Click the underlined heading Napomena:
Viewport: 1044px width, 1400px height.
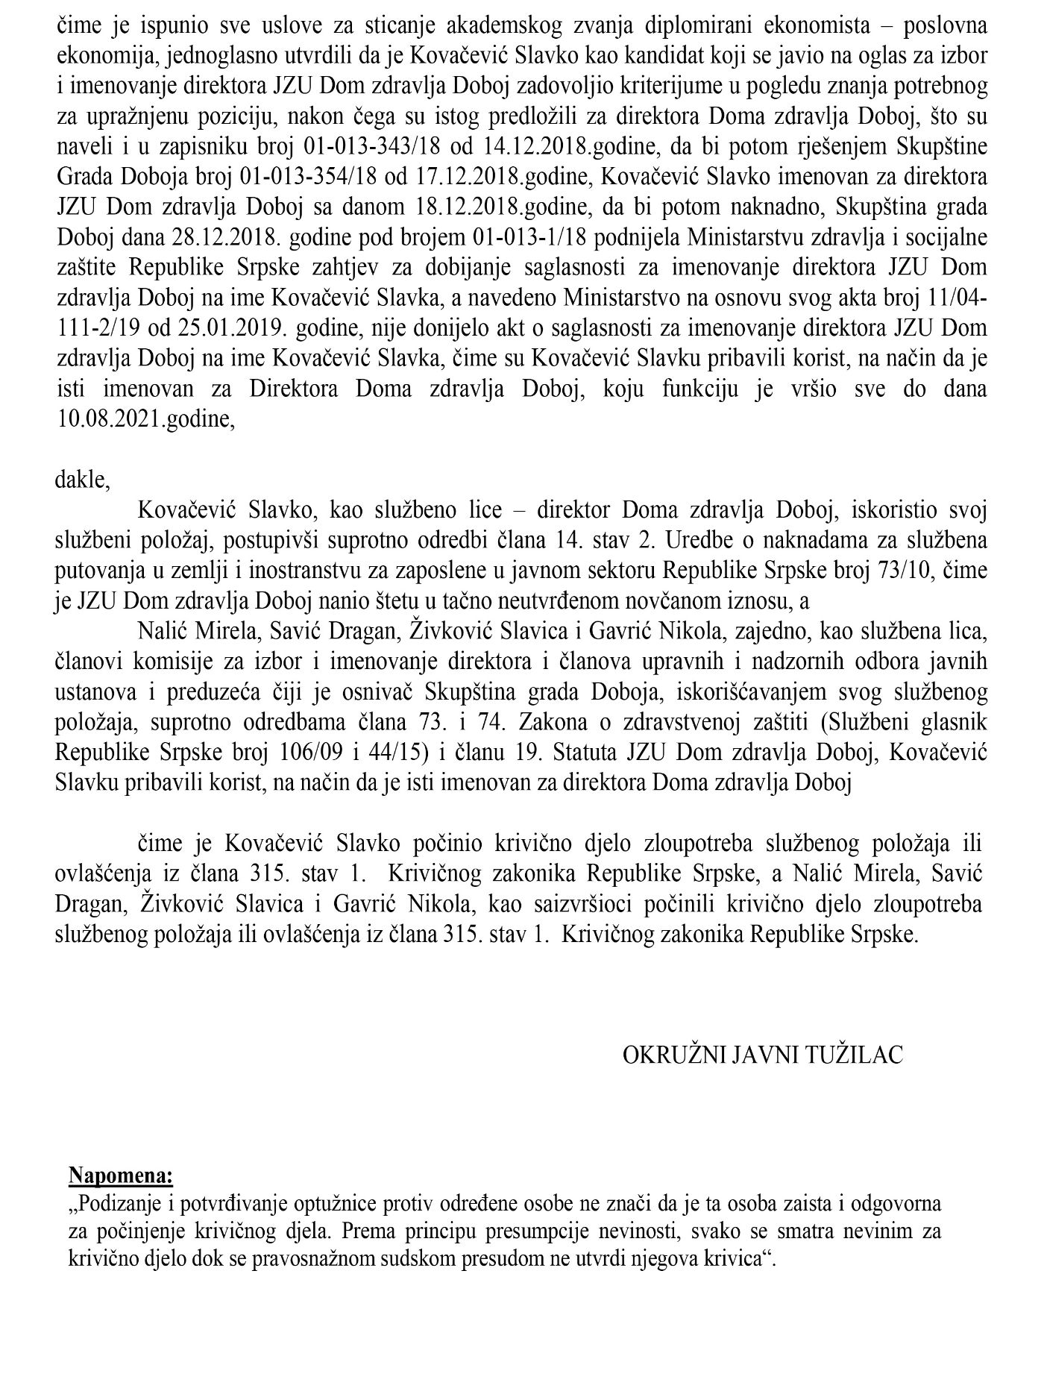click(121, 1176)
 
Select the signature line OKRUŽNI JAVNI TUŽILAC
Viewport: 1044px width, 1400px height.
click(763, 1055)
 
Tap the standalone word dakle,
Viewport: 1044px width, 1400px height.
click(82, 480)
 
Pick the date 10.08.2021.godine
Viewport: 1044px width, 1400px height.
click(145, 419)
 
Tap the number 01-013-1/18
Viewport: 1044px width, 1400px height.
click(518, 237)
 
